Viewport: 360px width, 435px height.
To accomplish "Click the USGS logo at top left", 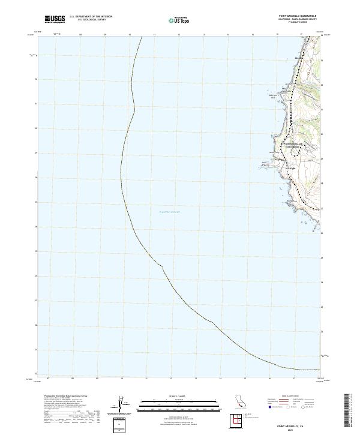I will coord(55,19).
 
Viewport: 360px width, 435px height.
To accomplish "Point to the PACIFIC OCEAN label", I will coord(169,212).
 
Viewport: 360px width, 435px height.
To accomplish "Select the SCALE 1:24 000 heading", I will coord(171,396).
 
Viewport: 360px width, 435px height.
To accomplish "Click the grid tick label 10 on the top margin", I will coord(130,35).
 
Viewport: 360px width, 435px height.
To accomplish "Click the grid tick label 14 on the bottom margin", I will coord(220,379).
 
